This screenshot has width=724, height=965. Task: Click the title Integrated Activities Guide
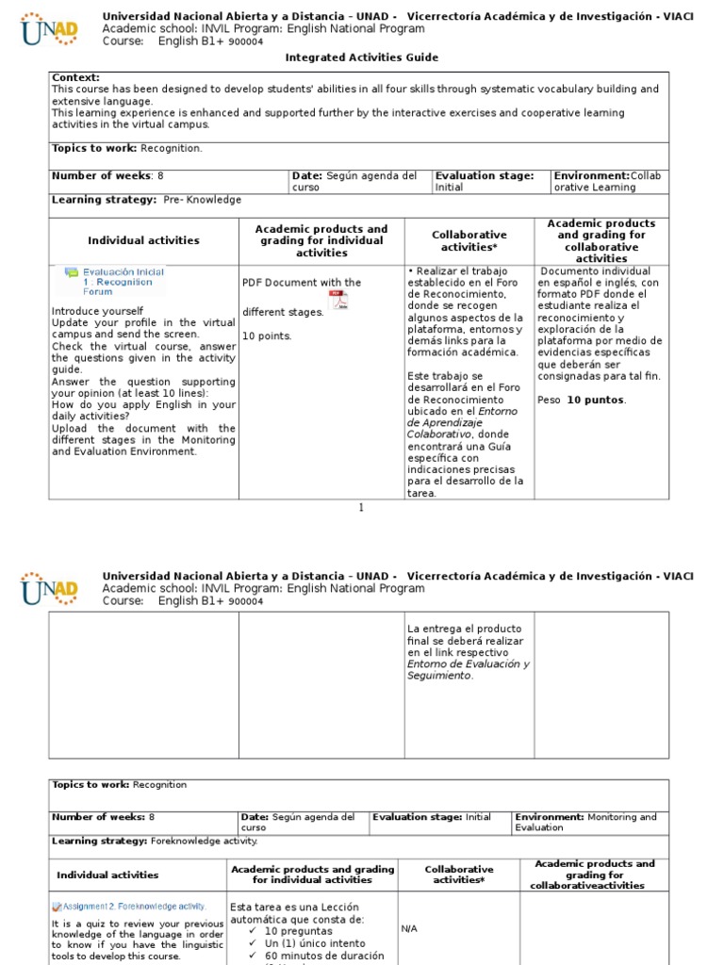click(x=362, y=57)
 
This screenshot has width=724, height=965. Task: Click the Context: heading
click(x=75, y=77)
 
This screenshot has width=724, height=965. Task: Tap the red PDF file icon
click(x=337, y=300)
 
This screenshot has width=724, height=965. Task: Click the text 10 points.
click(x=267, y=335)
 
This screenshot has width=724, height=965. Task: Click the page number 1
click(x=360, y=508)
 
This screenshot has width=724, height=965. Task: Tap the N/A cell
click(x=409, y=928)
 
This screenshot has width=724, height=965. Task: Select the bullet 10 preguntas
click(x=298, y=931)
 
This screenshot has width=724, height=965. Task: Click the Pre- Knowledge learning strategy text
click(x=202, y=200)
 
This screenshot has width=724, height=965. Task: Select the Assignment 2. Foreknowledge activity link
click(x=128, y=907)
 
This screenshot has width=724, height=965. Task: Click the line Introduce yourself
click(x=98, y=311)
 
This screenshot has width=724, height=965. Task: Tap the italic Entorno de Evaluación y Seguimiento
click(x=468, y=669)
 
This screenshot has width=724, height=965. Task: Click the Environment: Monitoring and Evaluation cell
click(x=588, y=822)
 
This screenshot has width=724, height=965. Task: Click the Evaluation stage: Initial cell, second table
click(x=438, y=818)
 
